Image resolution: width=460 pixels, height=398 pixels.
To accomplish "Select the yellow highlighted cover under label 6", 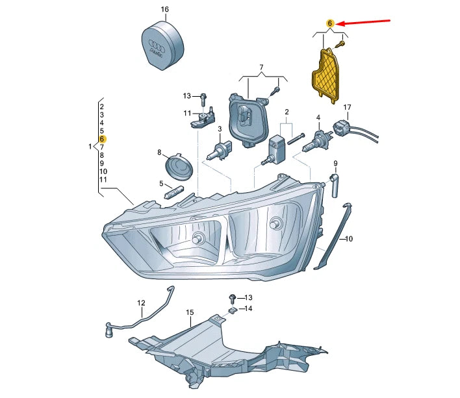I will [x=328, y=71].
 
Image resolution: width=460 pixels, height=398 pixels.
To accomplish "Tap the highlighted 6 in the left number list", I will [x=103, y=139].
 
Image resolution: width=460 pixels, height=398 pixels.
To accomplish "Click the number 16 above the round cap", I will [x=164, y=10].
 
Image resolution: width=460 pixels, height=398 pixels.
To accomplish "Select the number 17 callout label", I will [x=347, y=107].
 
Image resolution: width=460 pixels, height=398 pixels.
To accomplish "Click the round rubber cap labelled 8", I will [x=179, y=167].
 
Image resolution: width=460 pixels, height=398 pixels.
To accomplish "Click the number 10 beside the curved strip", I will [x=348, y=239].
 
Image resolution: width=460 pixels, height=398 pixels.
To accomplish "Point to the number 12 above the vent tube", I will [x=142, y=303].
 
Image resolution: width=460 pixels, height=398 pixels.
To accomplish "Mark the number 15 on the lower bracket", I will [x=190, y=313].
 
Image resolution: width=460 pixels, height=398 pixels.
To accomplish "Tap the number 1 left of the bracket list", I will [x=90, y=147].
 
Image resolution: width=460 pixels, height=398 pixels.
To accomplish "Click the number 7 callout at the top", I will [x=261, y=68].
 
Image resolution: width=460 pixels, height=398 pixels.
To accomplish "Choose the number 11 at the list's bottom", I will [x=103, y=179].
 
